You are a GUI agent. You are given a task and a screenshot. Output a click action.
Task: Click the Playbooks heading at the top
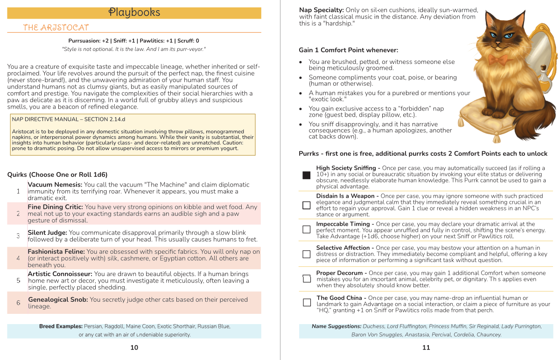coord(134,13)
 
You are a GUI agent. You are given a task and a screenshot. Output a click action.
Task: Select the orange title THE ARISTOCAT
coord(56,28)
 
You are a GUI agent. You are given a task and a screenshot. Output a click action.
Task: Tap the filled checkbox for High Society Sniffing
coord(306,175)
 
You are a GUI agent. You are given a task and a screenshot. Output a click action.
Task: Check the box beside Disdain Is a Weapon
coord(306,205)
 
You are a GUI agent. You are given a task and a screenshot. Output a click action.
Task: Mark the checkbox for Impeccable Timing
coord(306,229)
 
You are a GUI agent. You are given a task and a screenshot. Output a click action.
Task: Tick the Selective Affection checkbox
coord(306,254)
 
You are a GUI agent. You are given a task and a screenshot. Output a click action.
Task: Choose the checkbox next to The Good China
coord(306,302)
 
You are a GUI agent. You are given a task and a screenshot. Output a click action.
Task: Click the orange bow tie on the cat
coord(498,59)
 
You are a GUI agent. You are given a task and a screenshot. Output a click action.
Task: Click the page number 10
coord(134,347)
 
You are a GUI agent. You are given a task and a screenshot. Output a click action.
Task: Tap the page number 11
coord(426,347)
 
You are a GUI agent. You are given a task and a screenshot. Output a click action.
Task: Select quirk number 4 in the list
coord(18,258)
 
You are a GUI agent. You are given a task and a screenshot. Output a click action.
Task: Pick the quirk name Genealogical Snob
coord(58,300)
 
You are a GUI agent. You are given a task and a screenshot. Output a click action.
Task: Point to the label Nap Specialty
coord(322,10)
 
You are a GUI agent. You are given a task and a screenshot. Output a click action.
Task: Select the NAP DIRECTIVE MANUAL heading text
coord(68,119)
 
